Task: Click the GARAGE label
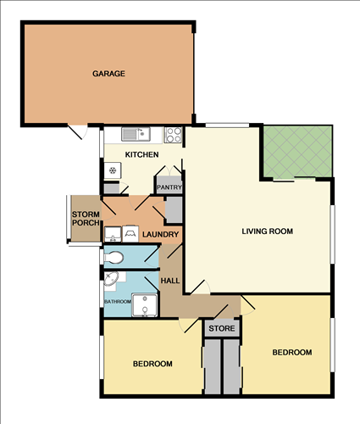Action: tap(108, 74)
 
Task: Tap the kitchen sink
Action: tap(135, 133)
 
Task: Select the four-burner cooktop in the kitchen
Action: tap(173, 133)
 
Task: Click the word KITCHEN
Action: tap(141, 154)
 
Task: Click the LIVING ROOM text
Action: tap(267, 231)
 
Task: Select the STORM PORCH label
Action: tap(86, 218)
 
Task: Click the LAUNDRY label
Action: tap(159, 235)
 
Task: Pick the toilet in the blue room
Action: tap(115, 256)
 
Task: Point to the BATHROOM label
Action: tap(117, 301)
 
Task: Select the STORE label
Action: tap(221, 327)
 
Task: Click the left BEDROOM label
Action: tap(152, 364)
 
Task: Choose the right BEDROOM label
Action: tap(291, 352)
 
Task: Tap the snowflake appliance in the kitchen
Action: tap(111, 170)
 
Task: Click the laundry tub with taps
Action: tap(132, 231)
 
